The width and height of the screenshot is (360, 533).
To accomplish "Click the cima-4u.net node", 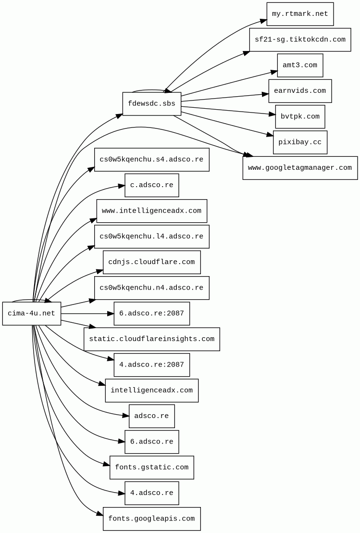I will click(x=32, y=314).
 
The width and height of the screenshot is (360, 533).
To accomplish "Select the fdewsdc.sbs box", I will click(x=151, y=104).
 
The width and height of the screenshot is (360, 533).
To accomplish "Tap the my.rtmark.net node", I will click(x=300, y=14).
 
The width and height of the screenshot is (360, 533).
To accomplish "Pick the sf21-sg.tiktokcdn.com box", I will click(x=300, y=39).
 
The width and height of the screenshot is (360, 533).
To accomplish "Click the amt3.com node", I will click(x=300, y=65).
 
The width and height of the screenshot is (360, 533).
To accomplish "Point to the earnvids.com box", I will click(x=300, y=91).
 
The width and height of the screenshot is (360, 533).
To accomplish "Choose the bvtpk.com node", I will click(x=300, y=116).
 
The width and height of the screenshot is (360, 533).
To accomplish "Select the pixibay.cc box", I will click(x=300, y=142).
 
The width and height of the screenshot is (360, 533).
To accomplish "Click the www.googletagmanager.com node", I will click(x=300, y=168).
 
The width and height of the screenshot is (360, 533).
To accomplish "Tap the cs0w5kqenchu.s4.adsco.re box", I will click(x=151, y=160).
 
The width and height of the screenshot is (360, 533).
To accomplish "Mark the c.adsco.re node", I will click(x=151, y=185).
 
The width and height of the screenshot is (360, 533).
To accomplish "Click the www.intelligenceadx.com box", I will click(x=151, y=211).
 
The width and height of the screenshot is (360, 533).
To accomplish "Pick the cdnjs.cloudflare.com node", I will click(x=151, y=262).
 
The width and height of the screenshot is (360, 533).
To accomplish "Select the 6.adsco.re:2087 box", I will click(x=151, y=314).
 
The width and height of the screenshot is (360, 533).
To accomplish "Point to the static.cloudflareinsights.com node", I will click(x=151, y=339).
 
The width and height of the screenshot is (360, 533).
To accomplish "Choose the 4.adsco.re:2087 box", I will click(x=151, y=365).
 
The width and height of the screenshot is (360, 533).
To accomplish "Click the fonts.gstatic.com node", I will click(x=151, y=468).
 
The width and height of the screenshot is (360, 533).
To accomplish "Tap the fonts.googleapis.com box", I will click(x=151, y=519).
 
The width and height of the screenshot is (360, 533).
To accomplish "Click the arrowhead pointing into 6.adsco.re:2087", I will click(x=110, y=314).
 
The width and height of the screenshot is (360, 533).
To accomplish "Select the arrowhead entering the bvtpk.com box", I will click(x=272, y=114).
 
